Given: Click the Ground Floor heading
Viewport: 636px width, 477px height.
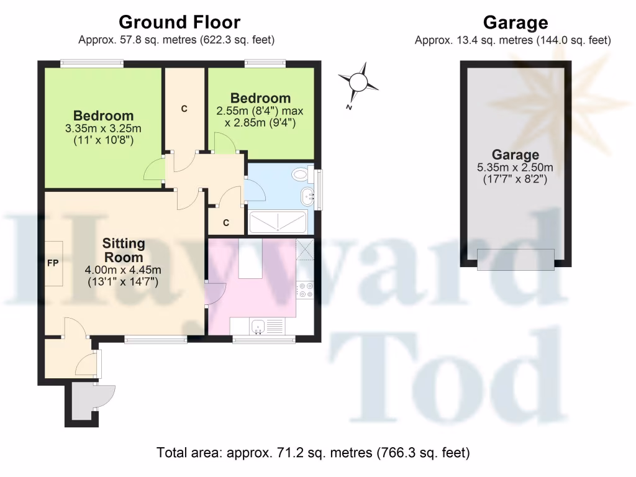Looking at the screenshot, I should click(179, 23).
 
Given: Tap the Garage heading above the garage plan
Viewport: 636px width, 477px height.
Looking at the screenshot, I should click(515, 24).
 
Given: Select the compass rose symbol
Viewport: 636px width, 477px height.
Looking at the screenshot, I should click(358, 83).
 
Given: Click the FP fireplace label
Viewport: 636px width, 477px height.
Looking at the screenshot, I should click(53, 263).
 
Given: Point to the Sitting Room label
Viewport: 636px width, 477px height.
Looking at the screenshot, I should click(123, 250).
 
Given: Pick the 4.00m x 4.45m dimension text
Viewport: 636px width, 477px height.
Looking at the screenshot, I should click(123, 270).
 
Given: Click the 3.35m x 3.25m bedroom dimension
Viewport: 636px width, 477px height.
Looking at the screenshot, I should click(103, 129).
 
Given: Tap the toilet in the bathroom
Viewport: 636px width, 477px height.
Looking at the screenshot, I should click(303, 174).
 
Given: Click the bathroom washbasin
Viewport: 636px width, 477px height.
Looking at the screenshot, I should click(306, 198).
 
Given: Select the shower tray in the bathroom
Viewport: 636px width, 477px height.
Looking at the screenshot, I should click(278, 222).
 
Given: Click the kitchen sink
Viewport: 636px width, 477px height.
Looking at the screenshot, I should click(259, 325).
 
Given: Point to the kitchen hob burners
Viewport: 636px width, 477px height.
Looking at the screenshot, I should click(306, 290).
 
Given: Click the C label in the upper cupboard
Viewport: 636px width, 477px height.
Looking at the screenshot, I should click(184, 109).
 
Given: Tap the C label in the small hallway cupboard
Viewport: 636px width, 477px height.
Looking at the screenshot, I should click(226, 222).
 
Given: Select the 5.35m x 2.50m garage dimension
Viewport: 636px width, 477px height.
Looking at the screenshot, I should click(515, 168).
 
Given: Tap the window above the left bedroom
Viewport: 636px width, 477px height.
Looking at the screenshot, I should click(91, 63).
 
